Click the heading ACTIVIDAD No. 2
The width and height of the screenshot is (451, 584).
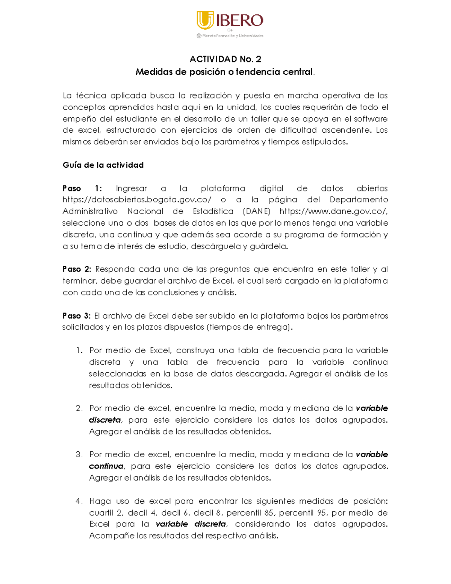click(x=225, y=59)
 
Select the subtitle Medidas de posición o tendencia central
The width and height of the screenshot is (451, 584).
click(x=224, y=72)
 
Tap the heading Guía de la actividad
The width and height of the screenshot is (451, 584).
click(x=103, y=165)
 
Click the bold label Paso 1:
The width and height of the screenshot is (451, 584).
click(x=82, y=188)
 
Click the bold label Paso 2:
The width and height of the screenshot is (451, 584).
click(x=77, y=269)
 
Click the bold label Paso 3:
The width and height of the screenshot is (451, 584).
click(x=77, y=316)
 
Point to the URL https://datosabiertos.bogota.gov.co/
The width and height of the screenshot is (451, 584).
click(x=137, y=200)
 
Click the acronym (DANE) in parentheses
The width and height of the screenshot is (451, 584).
click(x=256, y=211)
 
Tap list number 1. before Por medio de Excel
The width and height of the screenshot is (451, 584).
click(x=79, y=350)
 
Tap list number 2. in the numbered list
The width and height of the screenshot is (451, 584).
click(x=79, y=408)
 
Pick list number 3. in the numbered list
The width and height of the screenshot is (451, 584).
click(x=79, y=455)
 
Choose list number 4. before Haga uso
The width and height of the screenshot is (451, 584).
click(x=79, y=501)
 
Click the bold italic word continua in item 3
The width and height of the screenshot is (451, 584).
click(x=106, y=466)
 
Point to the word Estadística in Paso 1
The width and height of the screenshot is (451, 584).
click(x=213, y=211)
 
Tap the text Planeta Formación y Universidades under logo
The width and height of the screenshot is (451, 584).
click(x=233, y=36)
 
